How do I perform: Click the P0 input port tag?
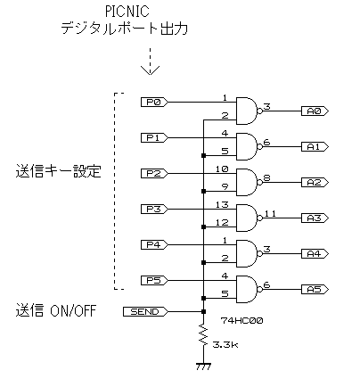pyautogui.click(x=154, y=103)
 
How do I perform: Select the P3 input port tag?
pyautogui.click(x=154, y=210)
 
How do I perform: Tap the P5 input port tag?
pyautogui.click(x=154, y=281)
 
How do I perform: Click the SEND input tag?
pyautogui.click(x=145, y=312)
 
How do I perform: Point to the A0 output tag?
pyautogui.click(x=315, y=111)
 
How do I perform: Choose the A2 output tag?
pyautogui.click(x=315, y=183)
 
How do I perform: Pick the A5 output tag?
pyautogui.click(x=315, y=290)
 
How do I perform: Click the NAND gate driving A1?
pyautogui.click(x=249, y=147)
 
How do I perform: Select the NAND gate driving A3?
pyautogui.click(x=249, y=218)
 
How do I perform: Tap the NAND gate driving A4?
pyautogui.click(x=249, y=254)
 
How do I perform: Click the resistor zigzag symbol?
pyautogui.click(x=203, y=335)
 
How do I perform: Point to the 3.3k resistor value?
pyautogui.click(x=225, y=345)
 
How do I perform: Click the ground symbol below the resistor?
pyautogui.click(x=203, y=366)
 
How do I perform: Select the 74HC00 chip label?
pyautogui.click(x=241, y=321)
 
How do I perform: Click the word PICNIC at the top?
pyautogui.click(x=127, y=12)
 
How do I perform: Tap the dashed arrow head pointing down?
pyautogui.click(x=150, y=70)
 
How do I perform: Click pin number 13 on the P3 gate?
pyautogui.click(x=222, y=205)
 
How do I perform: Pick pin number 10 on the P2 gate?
pyautogui.click(x=222, y=169)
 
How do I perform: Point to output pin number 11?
pyautogui.click(x=270, y=213)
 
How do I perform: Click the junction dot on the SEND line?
pyautogui.click(x=203, y=312)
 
